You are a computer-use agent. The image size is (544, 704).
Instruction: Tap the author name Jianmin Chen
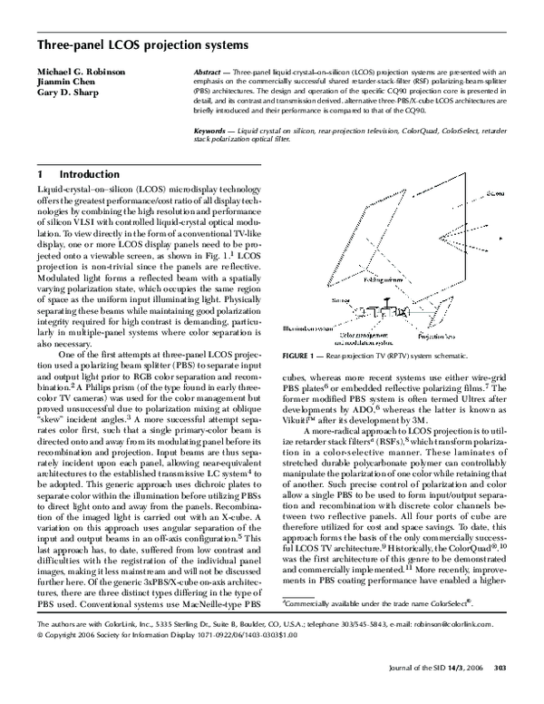(x=64, y=81)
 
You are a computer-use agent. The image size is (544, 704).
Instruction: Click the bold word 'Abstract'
(x=210, y=70)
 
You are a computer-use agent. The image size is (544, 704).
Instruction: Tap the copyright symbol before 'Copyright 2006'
(x=38, y=661)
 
